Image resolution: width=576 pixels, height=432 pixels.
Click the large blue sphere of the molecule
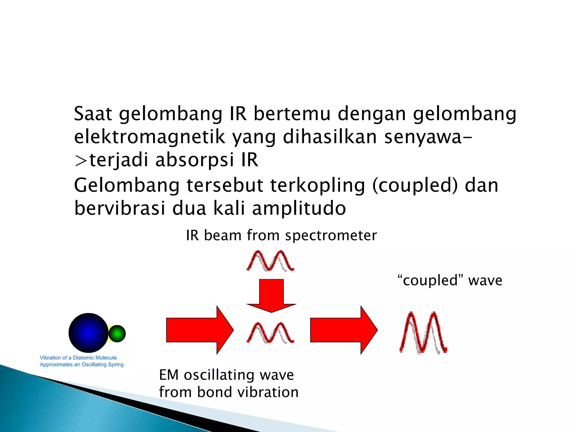pos(88,333)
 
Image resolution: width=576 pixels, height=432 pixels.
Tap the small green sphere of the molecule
pos(117,334)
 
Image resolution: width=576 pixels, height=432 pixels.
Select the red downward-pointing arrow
pos(271,295)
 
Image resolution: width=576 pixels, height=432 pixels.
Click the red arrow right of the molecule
pos(200,330)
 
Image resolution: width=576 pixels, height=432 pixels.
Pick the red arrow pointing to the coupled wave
pos(344,330)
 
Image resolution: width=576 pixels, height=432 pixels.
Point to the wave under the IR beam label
pos(270,261)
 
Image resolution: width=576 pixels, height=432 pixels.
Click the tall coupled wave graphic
pos(423,332)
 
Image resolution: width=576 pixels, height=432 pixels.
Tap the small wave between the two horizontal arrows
pos(270,333)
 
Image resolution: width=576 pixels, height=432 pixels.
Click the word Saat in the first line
pos(93,114)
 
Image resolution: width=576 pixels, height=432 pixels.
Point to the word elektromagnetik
pos(149,137)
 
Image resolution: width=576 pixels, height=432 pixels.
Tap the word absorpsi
pos(195,160)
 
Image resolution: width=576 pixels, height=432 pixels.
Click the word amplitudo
pos(299,208)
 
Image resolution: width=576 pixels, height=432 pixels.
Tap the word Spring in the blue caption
pos(116,364)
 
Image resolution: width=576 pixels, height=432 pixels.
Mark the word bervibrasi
pos(120,208)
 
